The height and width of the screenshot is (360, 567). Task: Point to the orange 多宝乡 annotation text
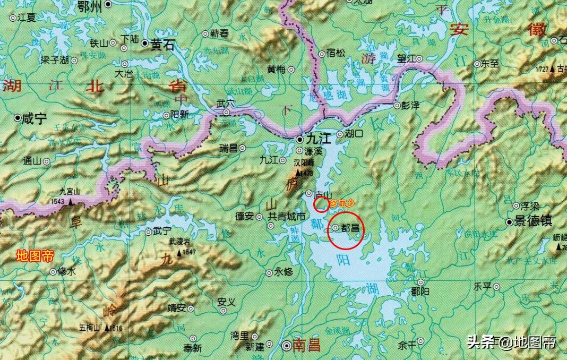[341, 202]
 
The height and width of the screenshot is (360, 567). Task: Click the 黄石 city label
[162, 46]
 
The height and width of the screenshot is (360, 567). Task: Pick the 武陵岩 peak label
[179, 242]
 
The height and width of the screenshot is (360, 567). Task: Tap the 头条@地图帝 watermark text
[511, 342]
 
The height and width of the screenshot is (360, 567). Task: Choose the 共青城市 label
[286, 217]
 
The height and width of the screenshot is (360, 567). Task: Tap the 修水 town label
[67, 271]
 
